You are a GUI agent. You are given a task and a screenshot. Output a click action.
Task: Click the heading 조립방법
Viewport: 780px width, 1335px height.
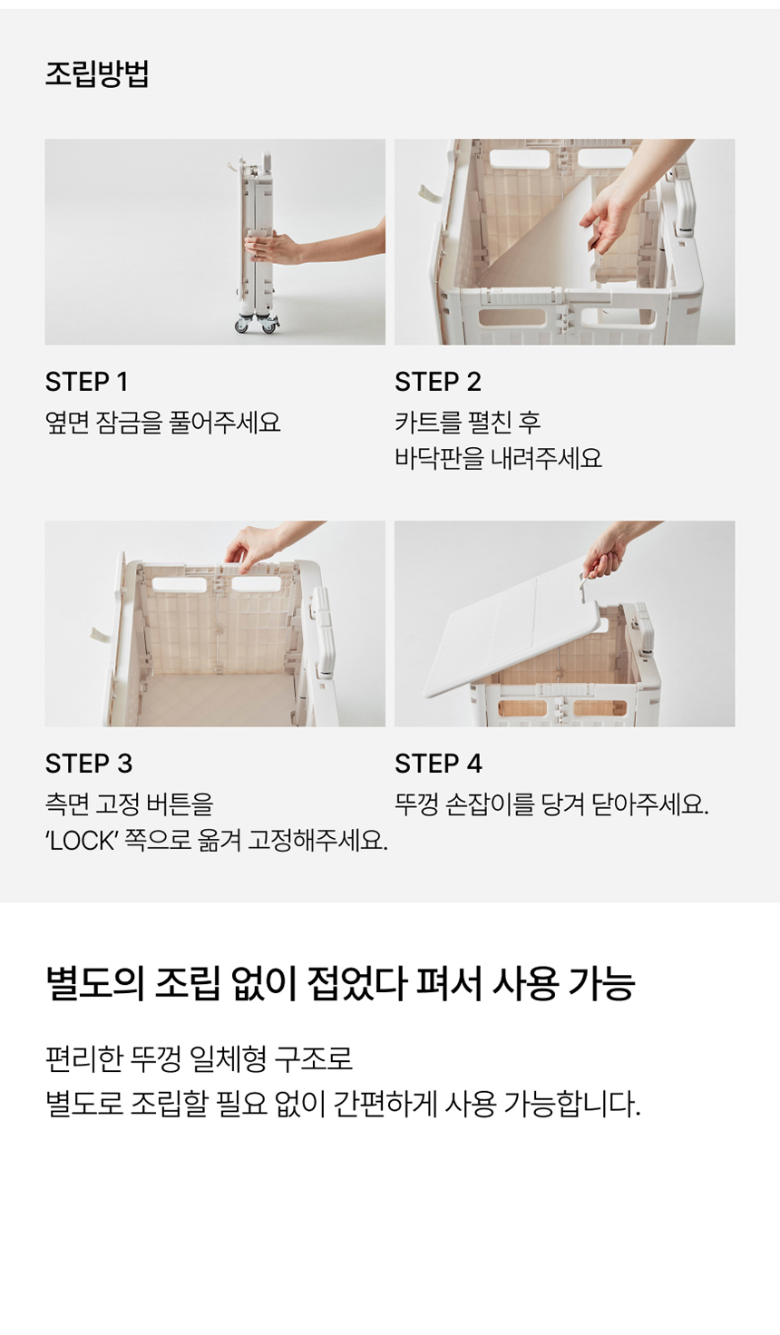(96, 73)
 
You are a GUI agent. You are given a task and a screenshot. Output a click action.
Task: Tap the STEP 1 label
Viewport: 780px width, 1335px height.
(86, 382)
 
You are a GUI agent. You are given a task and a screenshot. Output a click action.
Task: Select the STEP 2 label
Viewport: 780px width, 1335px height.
(438, 382)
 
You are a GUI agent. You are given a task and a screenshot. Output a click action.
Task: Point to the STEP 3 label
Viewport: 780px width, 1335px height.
(89, 764)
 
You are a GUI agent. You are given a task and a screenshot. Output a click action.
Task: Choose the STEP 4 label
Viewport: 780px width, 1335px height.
(439, 764)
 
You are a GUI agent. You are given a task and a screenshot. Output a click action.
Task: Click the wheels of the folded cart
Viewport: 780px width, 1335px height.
(257, 324)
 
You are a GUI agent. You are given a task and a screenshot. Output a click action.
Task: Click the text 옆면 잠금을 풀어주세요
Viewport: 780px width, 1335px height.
(162, 423)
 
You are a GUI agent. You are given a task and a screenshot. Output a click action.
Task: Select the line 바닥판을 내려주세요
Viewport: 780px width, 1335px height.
(498, 458)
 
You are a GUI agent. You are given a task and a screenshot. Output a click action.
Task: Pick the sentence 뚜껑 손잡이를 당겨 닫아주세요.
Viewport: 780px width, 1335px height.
(551, 804)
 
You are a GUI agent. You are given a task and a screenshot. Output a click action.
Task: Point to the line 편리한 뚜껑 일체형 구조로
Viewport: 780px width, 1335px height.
(200, 1059)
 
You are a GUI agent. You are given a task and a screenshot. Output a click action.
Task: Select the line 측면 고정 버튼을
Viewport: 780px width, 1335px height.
(130, 804)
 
